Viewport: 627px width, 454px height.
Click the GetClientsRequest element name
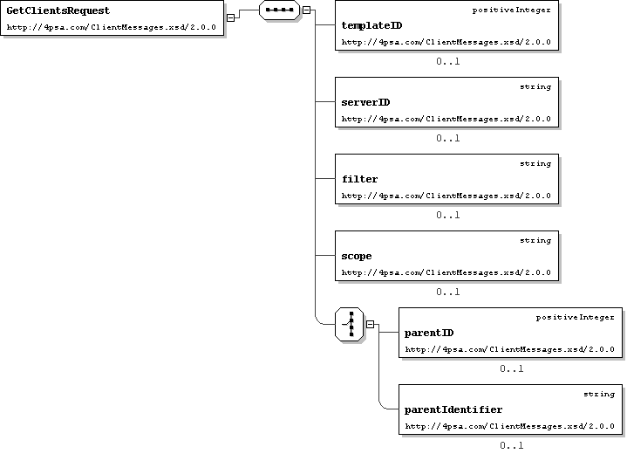pos(58,10)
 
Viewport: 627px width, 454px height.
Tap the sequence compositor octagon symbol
pos(279,10)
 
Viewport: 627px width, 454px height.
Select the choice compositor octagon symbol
pos(350,324)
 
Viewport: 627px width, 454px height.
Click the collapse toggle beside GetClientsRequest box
pos(230,17)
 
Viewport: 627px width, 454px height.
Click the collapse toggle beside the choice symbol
pos(371,324)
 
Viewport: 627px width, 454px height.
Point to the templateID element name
pos(371,25)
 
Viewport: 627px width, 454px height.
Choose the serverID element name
pos(365,102)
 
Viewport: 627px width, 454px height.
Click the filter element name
pos(359,179)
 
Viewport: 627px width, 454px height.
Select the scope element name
pos(357,256)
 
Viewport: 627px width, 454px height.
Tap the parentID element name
pos(429,333)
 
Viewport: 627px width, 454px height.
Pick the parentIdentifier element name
pos(453,409)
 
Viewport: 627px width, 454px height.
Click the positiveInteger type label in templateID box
pos(511,10)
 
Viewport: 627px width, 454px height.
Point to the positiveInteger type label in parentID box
pos(575,318)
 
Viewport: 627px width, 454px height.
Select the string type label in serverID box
pos(535,87)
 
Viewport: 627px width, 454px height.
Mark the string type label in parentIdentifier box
pos(599,395)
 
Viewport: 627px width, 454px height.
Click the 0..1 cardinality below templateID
pos(448,61)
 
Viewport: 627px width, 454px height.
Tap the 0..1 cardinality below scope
pos(448,292)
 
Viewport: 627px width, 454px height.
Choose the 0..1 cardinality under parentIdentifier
pos(511,445)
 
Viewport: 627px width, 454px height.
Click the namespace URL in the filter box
pos(446,196)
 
